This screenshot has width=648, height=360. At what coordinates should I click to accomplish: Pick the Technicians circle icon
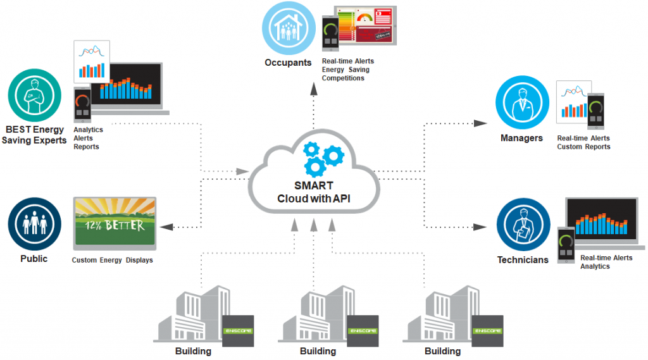[522, 225]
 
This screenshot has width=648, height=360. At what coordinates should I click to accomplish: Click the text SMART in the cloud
[313, 186]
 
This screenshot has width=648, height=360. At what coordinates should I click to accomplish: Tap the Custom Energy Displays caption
[112, 260]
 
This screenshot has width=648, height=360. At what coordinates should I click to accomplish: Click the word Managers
[521, 138]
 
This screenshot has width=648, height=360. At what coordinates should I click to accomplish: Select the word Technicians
[523, 259]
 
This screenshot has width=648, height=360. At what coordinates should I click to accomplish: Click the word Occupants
[288, 63]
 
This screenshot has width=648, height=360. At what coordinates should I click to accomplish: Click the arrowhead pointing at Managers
[481, 123]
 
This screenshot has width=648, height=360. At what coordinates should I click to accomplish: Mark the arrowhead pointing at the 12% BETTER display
[166, 226]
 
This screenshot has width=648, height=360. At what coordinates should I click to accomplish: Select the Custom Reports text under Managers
[583, 147]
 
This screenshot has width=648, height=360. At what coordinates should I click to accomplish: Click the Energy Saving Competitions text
[347, 73]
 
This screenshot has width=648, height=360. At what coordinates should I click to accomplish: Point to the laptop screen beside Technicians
[601, 218]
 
